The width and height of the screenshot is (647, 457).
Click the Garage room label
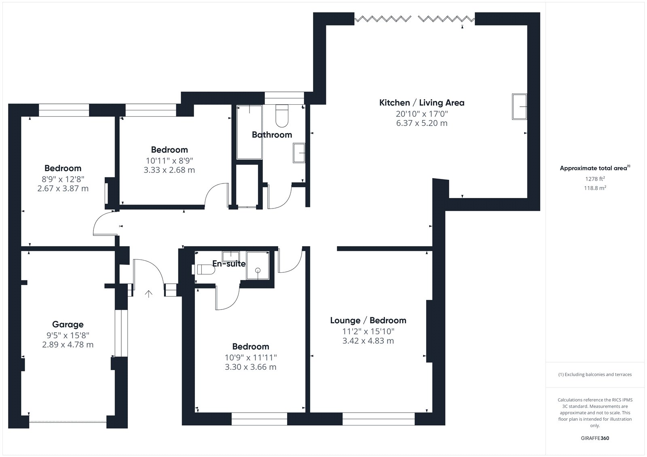click(68, 324)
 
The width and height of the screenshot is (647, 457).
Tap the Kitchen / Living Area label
click(422, 103)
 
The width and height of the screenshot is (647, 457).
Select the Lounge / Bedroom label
click(368, 320)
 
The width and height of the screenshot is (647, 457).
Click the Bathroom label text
click(272, 135)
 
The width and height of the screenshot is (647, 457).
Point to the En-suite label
click(229, 263)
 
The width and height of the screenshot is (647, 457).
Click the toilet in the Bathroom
click(282, 116)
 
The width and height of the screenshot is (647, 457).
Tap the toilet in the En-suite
click(206, 270)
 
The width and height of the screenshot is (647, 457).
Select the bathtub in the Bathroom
click(249, 132)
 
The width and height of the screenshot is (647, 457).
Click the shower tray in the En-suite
click(258, 265)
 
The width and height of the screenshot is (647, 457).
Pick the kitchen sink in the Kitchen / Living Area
click(519, 107)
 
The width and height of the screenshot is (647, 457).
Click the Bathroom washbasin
click(299, 153)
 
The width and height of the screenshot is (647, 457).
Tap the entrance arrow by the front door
click(149, 294)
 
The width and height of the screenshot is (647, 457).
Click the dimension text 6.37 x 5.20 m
click(422, 123)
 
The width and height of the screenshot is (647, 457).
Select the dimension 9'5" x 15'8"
click(68, 335)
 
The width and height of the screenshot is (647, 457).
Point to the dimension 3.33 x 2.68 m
click(169, 170)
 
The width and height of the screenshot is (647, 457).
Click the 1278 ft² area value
click(595, 179)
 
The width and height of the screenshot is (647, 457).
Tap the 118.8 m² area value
click(595, 188)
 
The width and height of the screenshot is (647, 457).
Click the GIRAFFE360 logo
click(595, 438)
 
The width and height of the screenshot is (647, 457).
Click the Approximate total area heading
click(595, 168)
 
